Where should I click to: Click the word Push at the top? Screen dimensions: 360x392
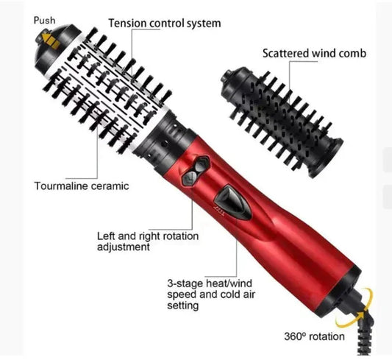[x=44, y=20]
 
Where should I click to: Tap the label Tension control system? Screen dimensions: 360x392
[x=164, y=23]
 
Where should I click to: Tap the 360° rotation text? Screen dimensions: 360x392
[x=314, y=336]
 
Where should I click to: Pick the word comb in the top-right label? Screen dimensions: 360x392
[x=351, y=53]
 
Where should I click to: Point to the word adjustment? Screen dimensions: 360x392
[x=124, y=248]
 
